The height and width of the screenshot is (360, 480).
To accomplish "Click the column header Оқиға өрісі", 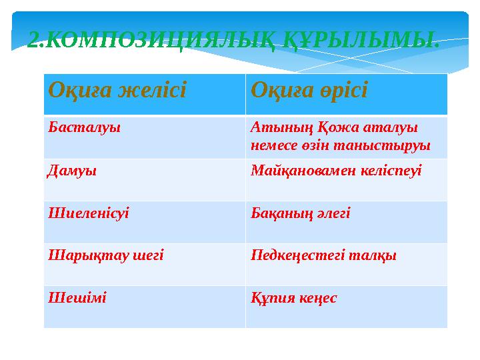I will (309, 89).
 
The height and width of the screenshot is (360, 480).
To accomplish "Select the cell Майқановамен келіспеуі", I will (336, 171).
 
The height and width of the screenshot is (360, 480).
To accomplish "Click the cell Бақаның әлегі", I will (300, 213).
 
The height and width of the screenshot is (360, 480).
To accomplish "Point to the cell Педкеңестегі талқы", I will (323, 255).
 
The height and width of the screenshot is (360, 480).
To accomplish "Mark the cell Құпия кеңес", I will (294, 297).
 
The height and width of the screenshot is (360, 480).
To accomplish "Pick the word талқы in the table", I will (376, 255).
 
